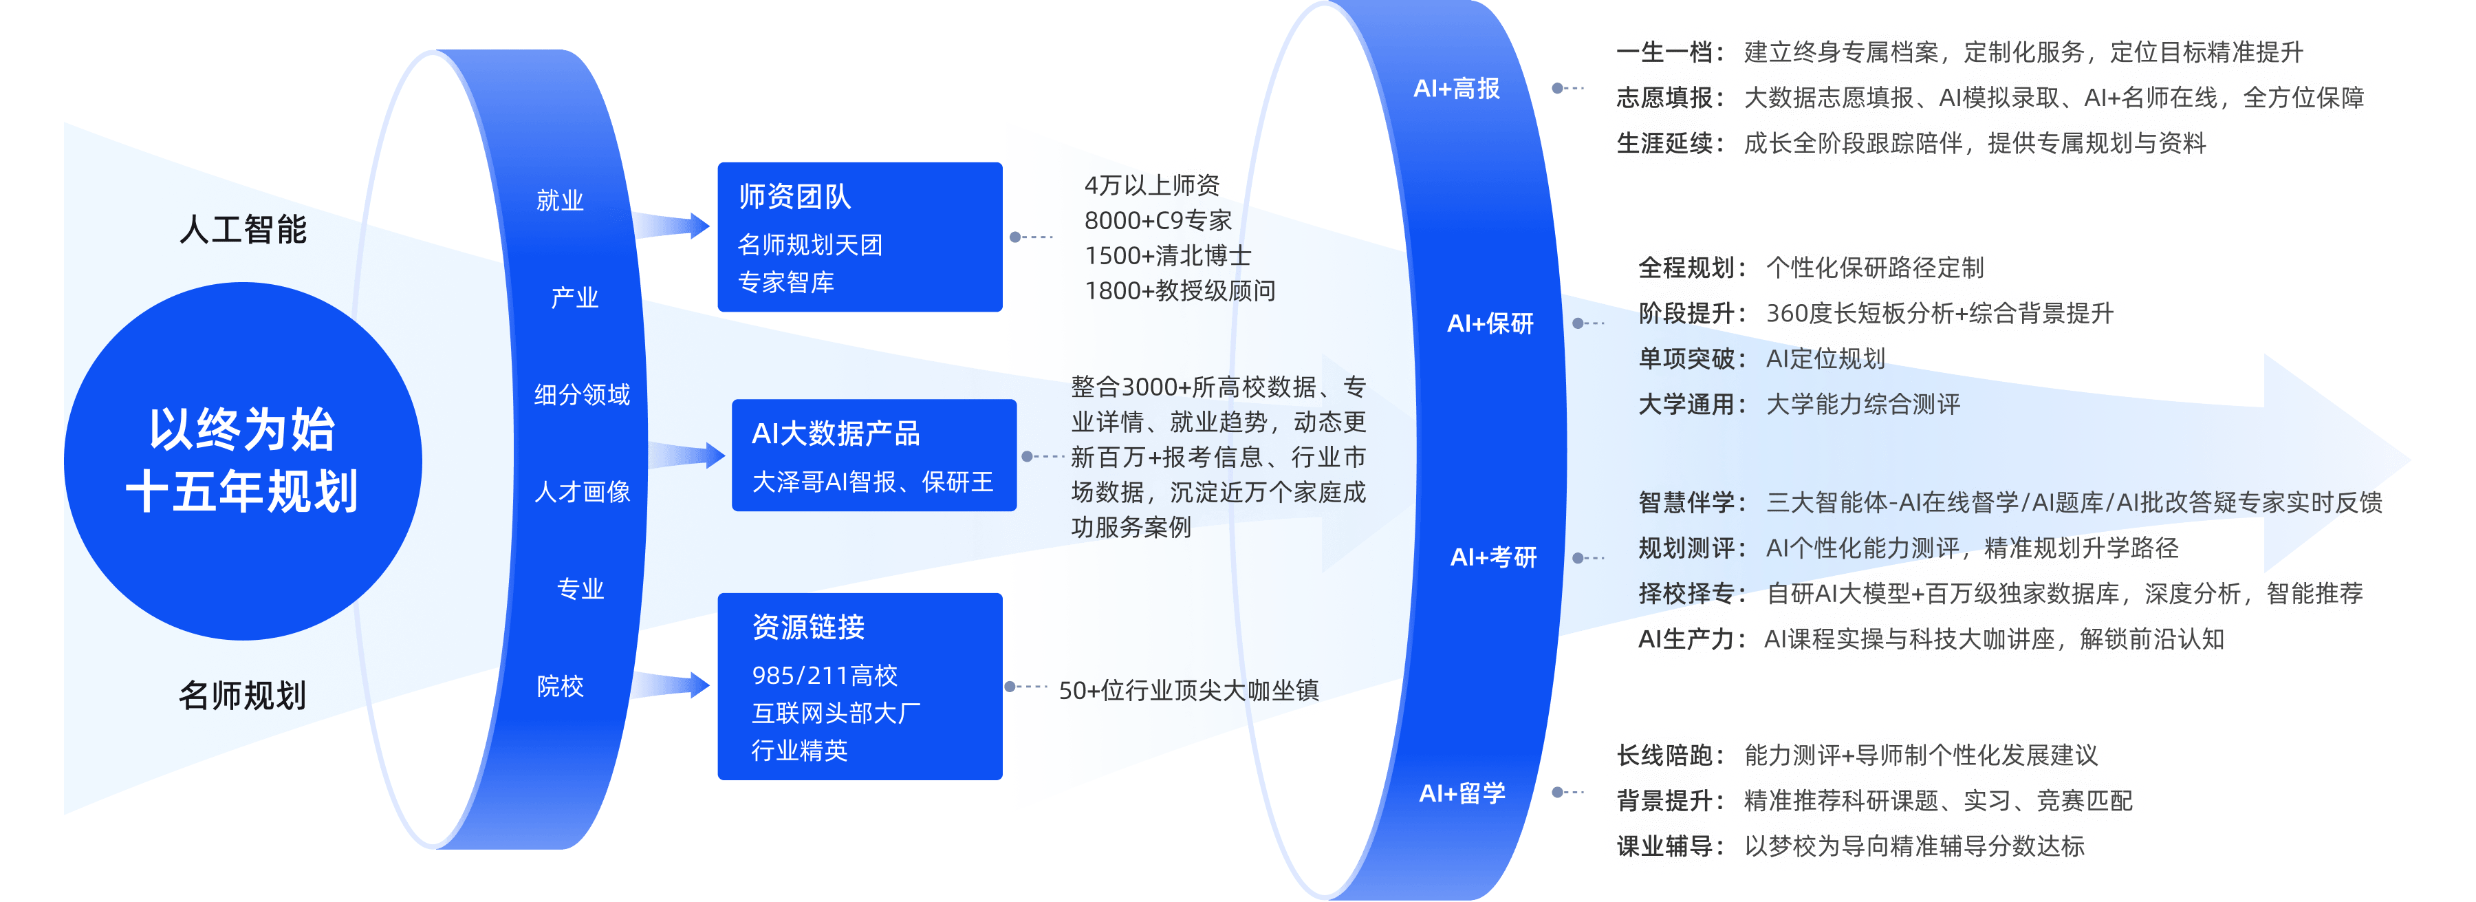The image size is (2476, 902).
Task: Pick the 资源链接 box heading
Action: (808, 627)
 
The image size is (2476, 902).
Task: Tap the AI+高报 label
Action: (1456, 89)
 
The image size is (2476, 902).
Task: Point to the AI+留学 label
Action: (1462, 793)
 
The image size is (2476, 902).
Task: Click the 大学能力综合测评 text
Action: (1863, 404)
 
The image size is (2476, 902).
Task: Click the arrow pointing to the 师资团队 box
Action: (671, 225)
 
